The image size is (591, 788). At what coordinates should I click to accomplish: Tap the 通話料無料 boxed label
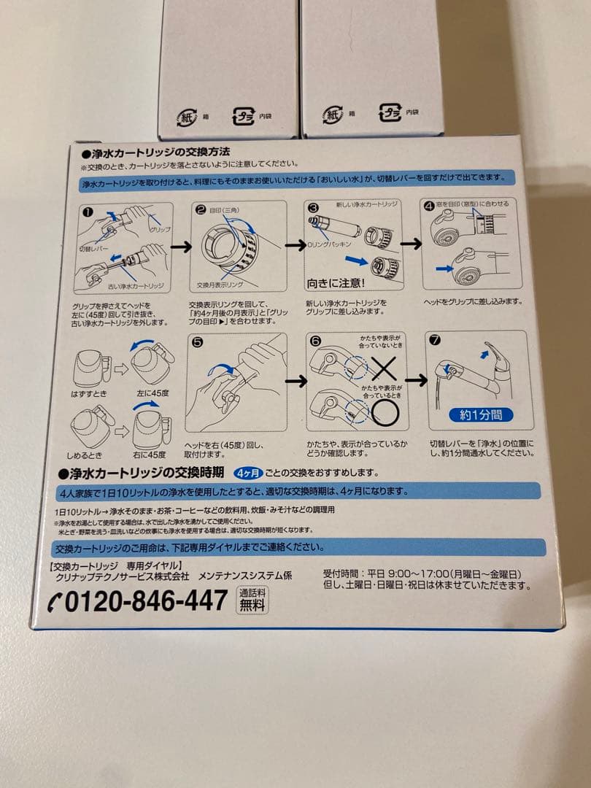(253, 600)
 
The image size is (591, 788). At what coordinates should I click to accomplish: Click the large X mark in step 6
(385, 368)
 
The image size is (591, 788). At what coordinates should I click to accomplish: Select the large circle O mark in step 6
(385, 412)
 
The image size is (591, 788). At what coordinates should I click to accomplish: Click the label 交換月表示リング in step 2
(218, 285)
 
